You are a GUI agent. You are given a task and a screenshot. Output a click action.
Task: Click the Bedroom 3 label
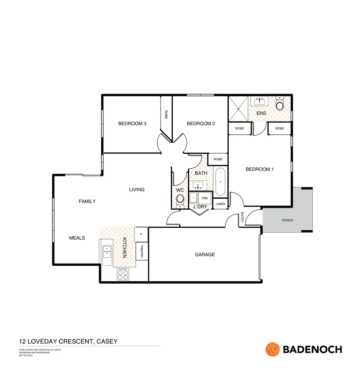click(132, 124)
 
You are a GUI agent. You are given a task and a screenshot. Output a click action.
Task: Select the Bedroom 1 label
click(260, 169)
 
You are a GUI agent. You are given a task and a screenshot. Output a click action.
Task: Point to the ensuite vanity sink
click(259, 101)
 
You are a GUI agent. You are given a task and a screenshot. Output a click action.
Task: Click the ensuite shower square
click(238, 109)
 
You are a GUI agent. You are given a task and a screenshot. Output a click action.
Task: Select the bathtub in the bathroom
click(220, 182)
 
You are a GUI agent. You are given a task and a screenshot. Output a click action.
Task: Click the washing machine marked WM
click(205, 198)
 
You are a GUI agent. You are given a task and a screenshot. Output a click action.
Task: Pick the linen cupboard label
click(220, 204)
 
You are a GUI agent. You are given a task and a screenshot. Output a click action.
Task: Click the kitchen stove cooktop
click(123, 274)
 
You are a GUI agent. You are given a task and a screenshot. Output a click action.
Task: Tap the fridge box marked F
click(141, 234)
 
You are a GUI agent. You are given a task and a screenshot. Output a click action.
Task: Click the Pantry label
click(142, 252)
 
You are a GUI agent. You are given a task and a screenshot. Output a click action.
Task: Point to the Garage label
click(205, 255)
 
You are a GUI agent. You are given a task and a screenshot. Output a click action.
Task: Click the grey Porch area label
click(288, 220)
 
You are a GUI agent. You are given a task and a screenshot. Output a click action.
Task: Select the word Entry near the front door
click(242, 218)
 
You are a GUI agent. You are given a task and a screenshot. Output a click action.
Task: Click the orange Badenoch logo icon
click(273, 349)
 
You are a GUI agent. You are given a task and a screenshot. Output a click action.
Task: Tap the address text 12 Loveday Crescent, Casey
click(68, 341)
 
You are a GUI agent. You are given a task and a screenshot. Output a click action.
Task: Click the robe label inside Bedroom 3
click(166, 115)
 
